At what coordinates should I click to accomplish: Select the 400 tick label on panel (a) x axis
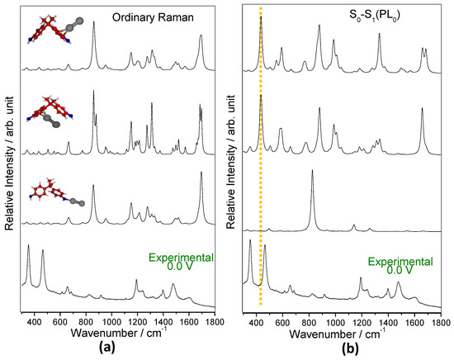(35, 319)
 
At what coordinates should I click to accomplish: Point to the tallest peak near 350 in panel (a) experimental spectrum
(29, 247)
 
